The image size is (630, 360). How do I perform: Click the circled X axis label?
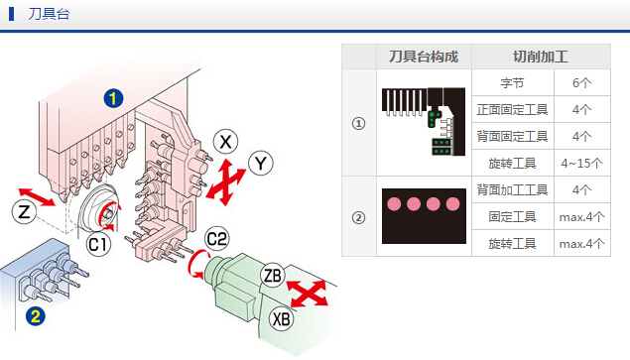click(x=225, y=142)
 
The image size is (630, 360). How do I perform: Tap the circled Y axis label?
click(x=261, y=164)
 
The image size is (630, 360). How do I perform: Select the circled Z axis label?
click(x=24, y=212)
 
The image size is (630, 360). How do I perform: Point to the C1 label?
click(x=99, y=244)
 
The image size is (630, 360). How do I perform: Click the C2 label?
click(x=217, y=239)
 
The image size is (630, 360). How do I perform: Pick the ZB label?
click(x=273, y=276)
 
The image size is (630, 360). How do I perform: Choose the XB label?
click(x=281, y=319)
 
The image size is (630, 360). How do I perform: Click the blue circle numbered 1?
click(x=113, y=98)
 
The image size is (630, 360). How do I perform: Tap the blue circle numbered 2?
click(x=36, y=316)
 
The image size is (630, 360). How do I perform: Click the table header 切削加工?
click(x=541, y=57)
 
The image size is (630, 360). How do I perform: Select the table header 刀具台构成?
click(x=424, y=57)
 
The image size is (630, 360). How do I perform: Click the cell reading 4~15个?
click(x=581, y=163)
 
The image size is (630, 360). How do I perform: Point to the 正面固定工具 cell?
click(x=512, y=110)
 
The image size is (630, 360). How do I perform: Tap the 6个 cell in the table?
click(x=581, y=82)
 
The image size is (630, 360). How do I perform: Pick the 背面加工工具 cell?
click(x=512, y=189)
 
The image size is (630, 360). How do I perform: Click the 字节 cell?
click(x=512, y=82)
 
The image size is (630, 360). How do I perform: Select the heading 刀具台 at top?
click(x=49, y=14)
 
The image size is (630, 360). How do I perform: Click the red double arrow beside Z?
click(x=37, y=197)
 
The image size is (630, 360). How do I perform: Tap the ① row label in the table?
click(x=359, y=123)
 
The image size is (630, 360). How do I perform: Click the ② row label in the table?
click(x=359, y=218)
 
